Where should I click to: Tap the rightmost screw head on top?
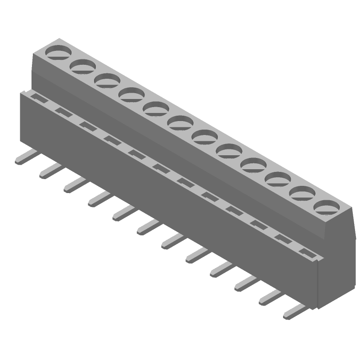(326, 207)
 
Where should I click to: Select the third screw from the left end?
(107, 81)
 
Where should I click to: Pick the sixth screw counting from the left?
(180, 122)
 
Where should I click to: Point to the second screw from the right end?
(301, 193)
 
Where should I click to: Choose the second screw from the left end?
(83, 67)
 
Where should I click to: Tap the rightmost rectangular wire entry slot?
(306, 252)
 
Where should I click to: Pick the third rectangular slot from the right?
(258, 224)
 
